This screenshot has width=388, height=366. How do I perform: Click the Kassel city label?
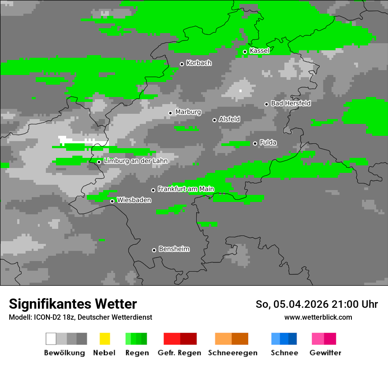259,51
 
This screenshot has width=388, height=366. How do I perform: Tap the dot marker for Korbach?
182,64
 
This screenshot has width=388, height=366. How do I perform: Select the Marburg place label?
188,112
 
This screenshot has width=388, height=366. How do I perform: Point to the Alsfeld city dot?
214,120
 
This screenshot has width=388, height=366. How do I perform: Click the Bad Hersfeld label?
291,103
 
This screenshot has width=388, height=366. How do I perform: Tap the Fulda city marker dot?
255,143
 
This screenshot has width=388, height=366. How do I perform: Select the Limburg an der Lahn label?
135,161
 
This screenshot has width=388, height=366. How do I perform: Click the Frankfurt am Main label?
186,189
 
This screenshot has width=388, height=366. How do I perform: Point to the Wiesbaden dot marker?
112,201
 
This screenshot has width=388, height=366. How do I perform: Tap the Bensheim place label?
174,249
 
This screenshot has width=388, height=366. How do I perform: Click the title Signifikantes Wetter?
73,304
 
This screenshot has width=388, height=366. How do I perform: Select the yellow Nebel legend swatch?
104,339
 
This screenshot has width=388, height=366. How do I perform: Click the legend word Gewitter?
325,353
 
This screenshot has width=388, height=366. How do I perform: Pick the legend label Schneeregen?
232,353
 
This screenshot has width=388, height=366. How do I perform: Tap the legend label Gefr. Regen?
179,353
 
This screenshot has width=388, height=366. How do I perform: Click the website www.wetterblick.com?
318,317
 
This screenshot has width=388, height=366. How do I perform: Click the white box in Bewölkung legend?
51,339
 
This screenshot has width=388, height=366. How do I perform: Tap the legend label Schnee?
284,353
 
